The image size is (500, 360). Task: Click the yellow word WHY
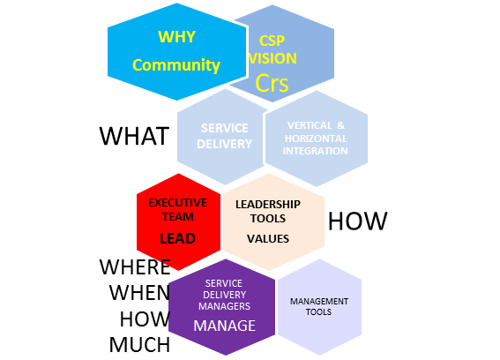point(176,37)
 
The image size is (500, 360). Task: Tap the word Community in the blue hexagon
point(176,65)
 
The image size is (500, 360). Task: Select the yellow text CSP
point(272,41)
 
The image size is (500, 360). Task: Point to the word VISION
point(272,58)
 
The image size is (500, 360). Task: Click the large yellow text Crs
point(272,83)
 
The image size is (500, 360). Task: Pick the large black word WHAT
point(134,136)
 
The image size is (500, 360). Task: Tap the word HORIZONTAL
point(316,139)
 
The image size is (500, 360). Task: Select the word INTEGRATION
point(316,151)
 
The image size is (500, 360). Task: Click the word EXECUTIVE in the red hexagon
point(178,203)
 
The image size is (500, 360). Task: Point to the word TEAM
point(178,217)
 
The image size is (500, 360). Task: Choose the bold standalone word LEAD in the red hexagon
point(177,238)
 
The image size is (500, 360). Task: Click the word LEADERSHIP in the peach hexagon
point(268,204)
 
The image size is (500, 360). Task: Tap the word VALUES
point(268,239)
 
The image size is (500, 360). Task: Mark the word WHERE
point(135,266)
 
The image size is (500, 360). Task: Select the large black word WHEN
point(139,292)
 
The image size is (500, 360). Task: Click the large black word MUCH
point(139,345)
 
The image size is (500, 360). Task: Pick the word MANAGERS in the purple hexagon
point(225,306)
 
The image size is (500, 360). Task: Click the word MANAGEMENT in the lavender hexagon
point(319,302)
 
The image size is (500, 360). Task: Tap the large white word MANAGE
point(225,326)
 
